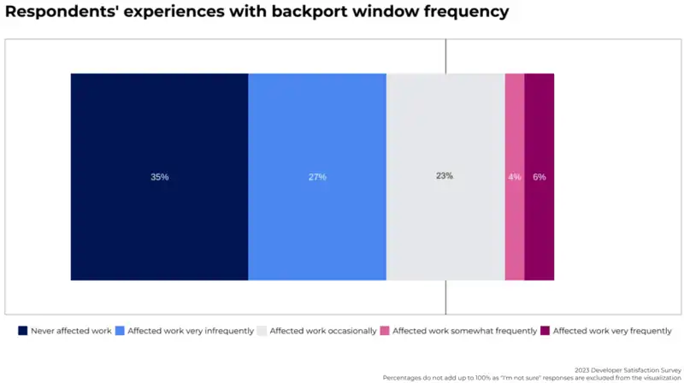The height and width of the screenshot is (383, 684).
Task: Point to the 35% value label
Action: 160,177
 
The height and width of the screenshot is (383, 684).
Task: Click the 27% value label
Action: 317,177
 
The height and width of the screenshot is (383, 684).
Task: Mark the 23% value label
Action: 445,176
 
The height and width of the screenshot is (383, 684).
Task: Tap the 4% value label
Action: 515,177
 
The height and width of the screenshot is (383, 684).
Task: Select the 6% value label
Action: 540,177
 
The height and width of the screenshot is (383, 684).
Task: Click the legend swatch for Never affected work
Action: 23,331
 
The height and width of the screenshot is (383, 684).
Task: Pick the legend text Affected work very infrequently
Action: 191,331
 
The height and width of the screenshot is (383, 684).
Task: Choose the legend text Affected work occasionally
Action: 322,331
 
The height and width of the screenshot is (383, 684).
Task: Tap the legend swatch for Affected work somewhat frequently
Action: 385,331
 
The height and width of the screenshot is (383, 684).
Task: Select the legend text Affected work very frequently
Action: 612,331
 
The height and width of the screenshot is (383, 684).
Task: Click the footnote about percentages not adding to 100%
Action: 532,378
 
